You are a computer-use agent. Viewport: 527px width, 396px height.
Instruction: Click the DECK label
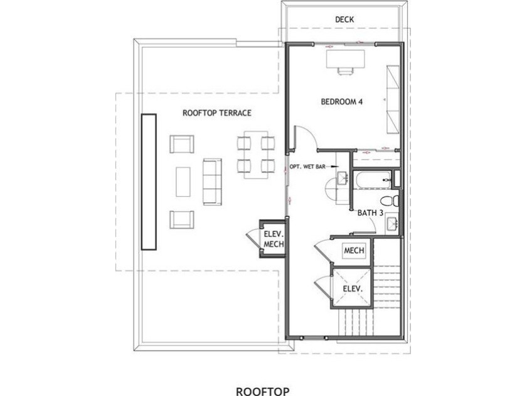click(344, 19)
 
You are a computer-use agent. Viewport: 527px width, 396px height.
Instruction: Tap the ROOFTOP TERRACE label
click(217, 113)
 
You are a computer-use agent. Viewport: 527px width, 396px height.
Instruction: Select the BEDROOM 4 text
click(342, 102)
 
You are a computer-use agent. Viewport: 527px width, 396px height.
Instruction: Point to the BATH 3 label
click(370, 213)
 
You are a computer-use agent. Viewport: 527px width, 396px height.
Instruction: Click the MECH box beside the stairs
click(354, 251)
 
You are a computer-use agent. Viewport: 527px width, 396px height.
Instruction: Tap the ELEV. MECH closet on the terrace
click(274, 239)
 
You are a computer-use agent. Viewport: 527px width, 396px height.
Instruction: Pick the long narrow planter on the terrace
click(149, 182)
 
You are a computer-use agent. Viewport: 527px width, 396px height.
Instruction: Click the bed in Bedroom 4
click(392, 99)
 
